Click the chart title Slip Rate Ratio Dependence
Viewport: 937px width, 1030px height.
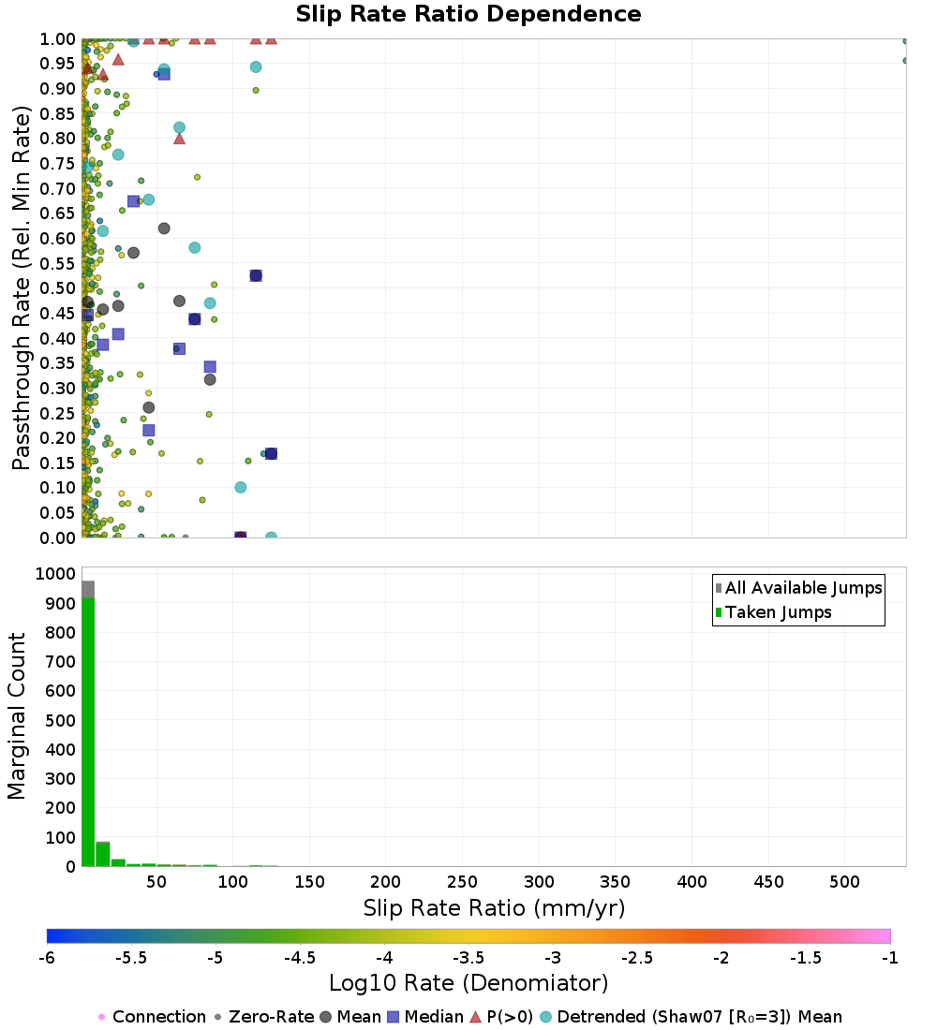click(468, 15)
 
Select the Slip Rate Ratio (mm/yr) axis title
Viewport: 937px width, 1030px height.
click(494, 908)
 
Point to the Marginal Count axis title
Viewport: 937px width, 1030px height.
click(17, 716)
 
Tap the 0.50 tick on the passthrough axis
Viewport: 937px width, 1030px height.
click(59, 288)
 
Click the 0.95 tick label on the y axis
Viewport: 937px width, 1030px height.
click(59, 64)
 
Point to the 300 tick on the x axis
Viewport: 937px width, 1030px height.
click(539, 882)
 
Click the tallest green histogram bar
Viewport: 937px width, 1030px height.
click(88, 730)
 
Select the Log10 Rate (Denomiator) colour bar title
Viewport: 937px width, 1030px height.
click(468, 983)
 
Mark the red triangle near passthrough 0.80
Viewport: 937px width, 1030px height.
click(179, 139)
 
